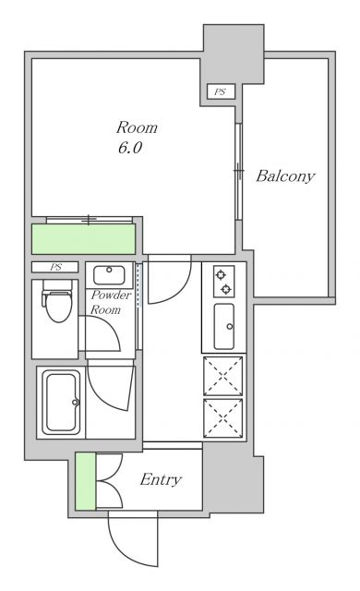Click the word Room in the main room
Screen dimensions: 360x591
coord(137,127)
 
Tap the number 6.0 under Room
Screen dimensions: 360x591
coord(130,148)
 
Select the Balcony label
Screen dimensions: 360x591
coord(285,176)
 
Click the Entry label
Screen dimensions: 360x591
coord(161,479)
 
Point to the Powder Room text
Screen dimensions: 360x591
coord(111,302)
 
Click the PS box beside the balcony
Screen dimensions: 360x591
coord(222,91)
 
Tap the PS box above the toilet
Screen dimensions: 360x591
coord(55,267)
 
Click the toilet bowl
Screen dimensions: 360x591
coord(57,302)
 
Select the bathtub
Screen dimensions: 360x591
coord(61,402)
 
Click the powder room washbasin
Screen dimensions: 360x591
coord(109,275)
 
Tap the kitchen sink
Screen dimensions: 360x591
coord(224,326)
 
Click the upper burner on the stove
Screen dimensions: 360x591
coord(221,274)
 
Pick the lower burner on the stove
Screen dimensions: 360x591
coord(226,289)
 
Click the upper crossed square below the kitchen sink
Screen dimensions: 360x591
coord(223,376)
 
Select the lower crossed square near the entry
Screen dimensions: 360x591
coord(223,417)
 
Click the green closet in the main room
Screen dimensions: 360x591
coord(84,239)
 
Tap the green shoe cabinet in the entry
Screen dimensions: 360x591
coord(86,481)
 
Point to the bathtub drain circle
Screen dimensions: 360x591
coord(75,403)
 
